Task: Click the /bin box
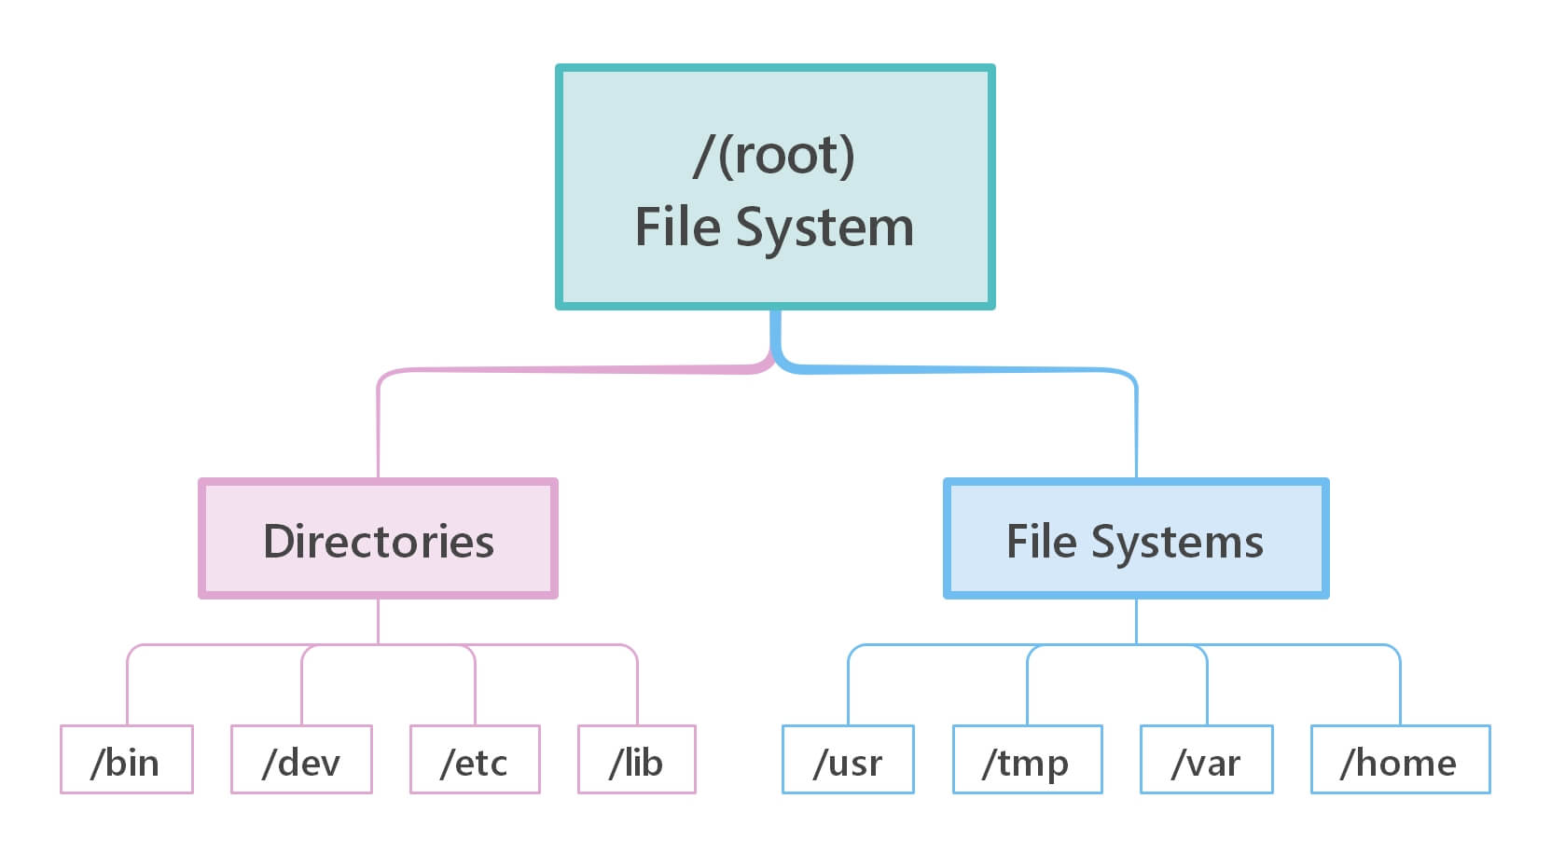[126, 760]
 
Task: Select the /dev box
[301, 760]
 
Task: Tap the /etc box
[475, 760]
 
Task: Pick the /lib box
[636, 760]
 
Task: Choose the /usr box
[848, 760]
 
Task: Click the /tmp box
[1027, 760]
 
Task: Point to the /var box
[1206, 760]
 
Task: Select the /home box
[1400, 760]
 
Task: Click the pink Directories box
[378, 539]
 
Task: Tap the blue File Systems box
[1135, 539]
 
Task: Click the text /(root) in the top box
[774, 155]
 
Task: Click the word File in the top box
[677, 227]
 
